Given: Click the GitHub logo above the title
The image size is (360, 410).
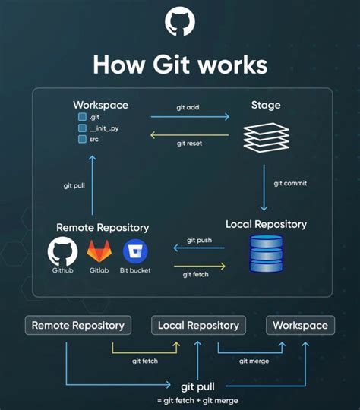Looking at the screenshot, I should pyautogui.click(x=180, y=23).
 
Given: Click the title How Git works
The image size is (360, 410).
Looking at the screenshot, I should pyautogui.click(x=180, y=64).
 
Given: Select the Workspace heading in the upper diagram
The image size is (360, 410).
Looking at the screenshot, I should pyautogui.click(x=100, y=104).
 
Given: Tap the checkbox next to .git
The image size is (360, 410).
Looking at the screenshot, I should pyautogui.click(x=82, y=118).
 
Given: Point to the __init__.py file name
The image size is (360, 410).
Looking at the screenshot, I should pyautogui.click(x=104, y=128).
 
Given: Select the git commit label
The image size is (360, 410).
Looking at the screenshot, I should pyautogui.click(x=289, y=183).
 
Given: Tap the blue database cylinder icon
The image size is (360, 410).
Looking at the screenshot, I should pyautogui.click(x=266, y=254).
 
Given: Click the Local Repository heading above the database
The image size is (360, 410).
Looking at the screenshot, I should pyautogui.click(x=266, y=224).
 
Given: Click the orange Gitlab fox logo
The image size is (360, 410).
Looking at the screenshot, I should pyautogui.click(x=99, y=251).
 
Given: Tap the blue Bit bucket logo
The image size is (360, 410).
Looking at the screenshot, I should pyautogui.click(x=135, y=251).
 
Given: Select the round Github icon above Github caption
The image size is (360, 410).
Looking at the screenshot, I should pyautogui.click(x=63, y=251).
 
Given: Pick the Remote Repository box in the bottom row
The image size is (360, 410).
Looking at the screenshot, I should pyautogui.click(x=77, y=325).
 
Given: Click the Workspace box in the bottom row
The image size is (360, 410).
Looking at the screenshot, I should pyautogui.click(x=300, y=325).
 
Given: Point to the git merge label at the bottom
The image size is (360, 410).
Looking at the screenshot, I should pyautogui.click(x=253, y=361).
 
